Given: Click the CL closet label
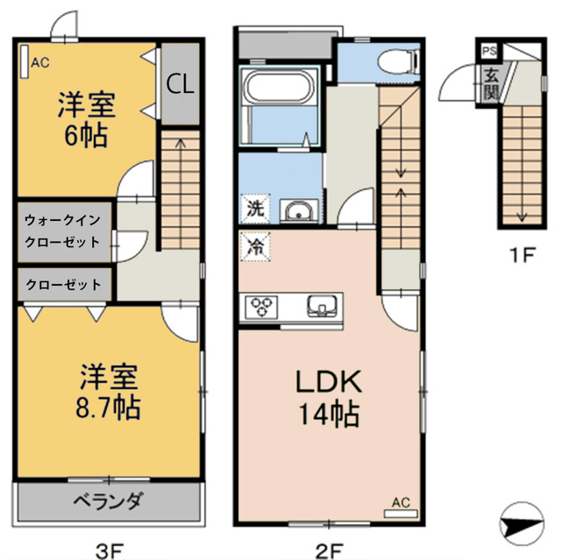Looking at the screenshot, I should [181, 85].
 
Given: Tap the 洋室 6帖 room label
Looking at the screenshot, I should [86, 120].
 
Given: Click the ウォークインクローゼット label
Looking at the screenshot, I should [62, 230].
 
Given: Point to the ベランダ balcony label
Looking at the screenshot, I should [107, 502].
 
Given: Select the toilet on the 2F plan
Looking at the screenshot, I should [398, 61].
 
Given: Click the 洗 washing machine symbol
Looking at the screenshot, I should [254, 209].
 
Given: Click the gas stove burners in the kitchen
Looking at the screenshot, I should [262, 307].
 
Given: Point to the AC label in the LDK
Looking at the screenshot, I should [401, 502].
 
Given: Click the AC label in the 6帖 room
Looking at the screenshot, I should [40, 62].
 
